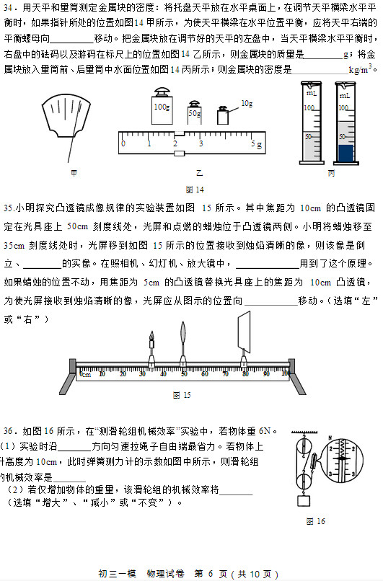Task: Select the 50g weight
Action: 195,114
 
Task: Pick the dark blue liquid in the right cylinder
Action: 346,154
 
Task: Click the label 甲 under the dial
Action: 74,173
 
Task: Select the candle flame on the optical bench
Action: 151,336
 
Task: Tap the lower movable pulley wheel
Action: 308,478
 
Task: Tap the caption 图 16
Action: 315,521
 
